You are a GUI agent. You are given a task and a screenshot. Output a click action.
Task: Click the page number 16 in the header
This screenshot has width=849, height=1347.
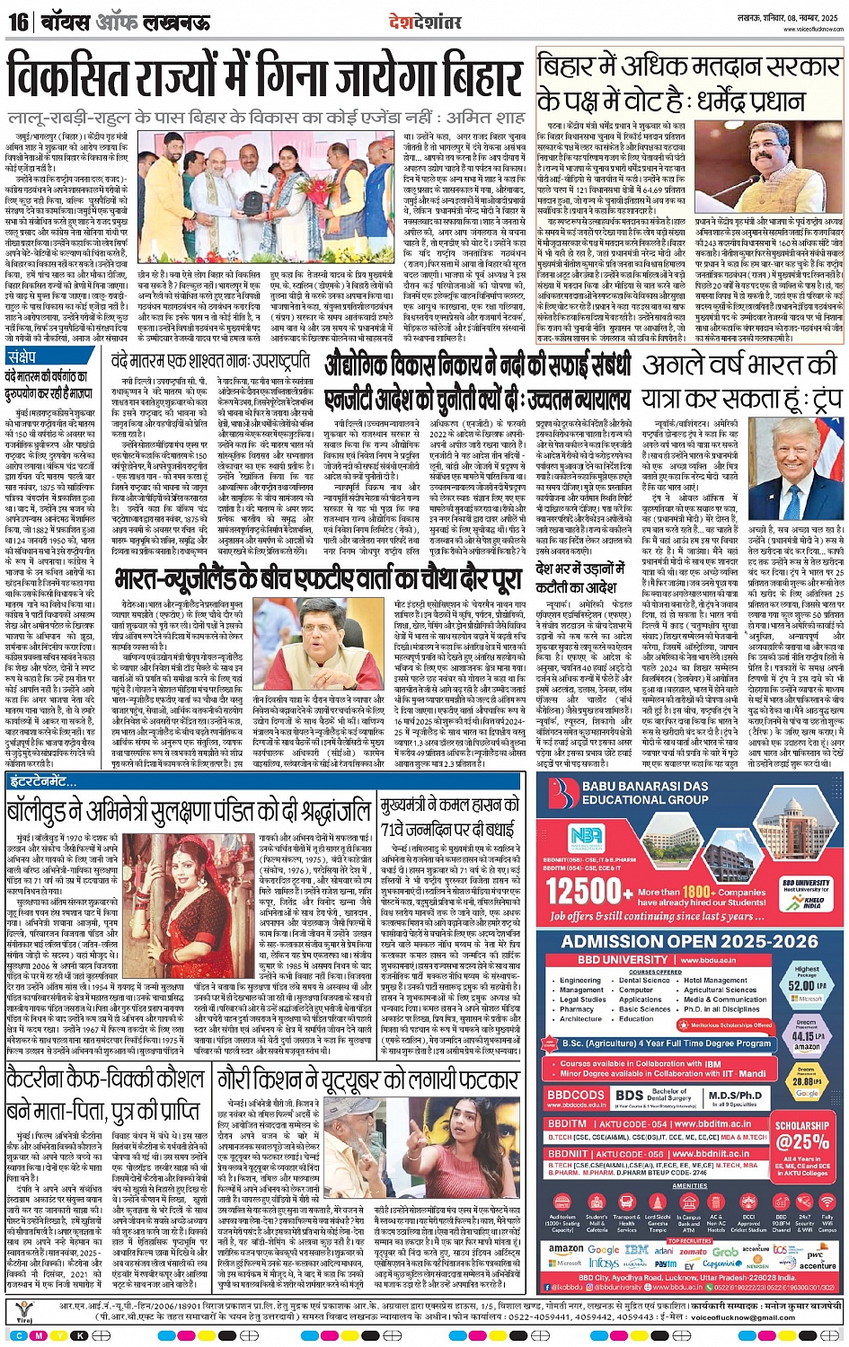tap(17, 21)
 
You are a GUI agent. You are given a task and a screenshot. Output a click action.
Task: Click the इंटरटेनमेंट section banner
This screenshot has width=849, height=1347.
tap(44, 782)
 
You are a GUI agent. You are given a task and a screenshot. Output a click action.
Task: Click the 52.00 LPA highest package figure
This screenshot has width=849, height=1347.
tap(807, 986)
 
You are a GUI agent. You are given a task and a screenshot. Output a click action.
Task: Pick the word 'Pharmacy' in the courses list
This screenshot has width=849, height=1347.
tap(577, 1008)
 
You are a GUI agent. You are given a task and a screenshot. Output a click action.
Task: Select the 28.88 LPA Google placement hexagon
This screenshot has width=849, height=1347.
tap(807, 1083)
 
